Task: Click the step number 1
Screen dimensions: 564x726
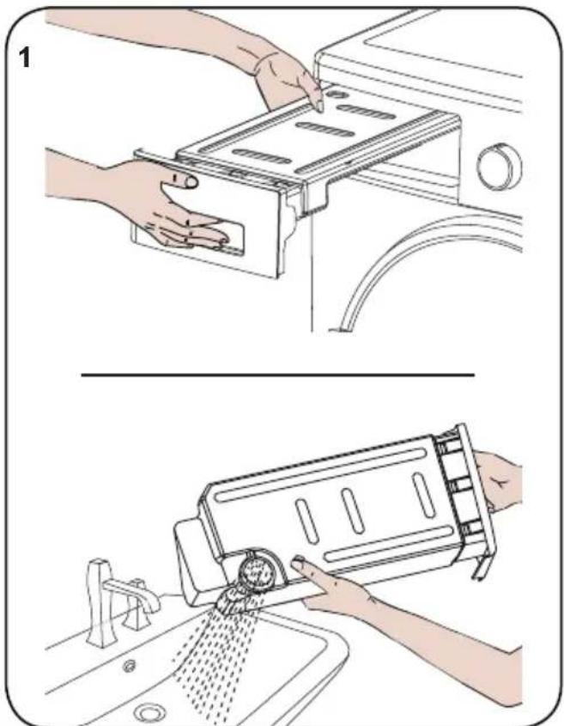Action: tap(25, 58)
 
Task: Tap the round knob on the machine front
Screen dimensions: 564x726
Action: tap(500, 167)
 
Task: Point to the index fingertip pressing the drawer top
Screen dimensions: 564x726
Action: tap(318, 107)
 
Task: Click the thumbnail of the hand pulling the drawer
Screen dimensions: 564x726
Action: tap(191, 182)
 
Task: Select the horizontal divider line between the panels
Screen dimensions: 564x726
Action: tap(277, 375)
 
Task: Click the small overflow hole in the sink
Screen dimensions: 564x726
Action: tap(129, 666)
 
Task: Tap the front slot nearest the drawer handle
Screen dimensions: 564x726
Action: tap(262, 157)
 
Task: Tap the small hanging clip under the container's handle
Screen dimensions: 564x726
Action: tap(480, 566)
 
